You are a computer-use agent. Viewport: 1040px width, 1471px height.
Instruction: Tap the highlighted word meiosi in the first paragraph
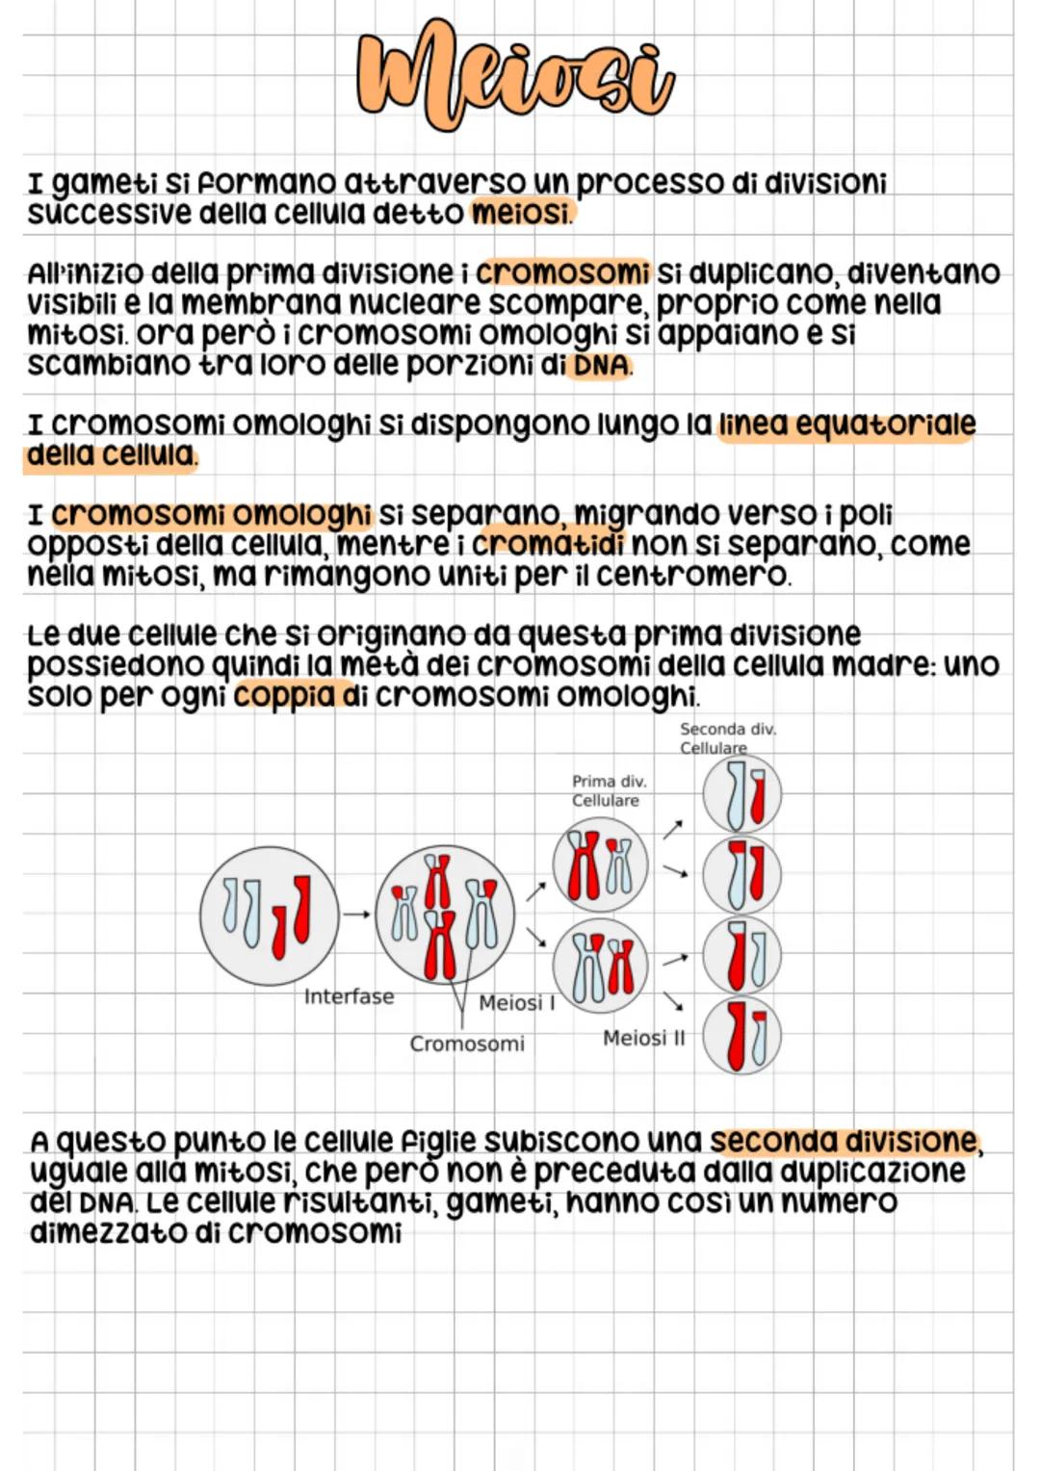coord(520,213)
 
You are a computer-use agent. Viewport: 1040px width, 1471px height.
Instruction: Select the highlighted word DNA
coord(601,366)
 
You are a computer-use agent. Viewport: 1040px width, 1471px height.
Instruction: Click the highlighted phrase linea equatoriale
coord(847,425)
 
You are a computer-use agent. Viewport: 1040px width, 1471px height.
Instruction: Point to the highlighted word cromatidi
coord(547,544)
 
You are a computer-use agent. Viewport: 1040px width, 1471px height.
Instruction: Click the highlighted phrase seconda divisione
coord(844,1141)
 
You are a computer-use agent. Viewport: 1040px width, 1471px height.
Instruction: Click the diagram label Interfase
coord(349,996)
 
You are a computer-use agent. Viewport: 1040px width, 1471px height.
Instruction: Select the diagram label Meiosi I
coord(517,1003)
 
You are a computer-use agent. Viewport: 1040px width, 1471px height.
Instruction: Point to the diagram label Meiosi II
coord(643,1038)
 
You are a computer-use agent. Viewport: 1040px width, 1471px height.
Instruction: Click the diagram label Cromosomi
coord(467,1044)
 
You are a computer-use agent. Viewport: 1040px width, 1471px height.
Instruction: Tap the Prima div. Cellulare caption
coord(608,790)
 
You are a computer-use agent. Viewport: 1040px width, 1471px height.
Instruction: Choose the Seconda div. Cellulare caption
coord(726,738)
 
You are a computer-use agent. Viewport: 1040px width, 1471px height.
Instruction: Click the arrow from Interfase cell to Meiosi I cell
coord(356,915)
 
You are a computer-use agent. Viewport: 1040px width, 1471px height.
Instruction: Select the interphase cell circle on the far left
coord(269,916)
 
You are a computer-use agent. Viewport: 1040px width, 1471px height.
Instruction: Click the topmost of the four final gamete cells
coord(741,795)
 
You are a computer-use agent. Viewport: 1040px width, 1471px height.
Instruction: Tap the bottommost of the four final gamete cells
coord(741,1036)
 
